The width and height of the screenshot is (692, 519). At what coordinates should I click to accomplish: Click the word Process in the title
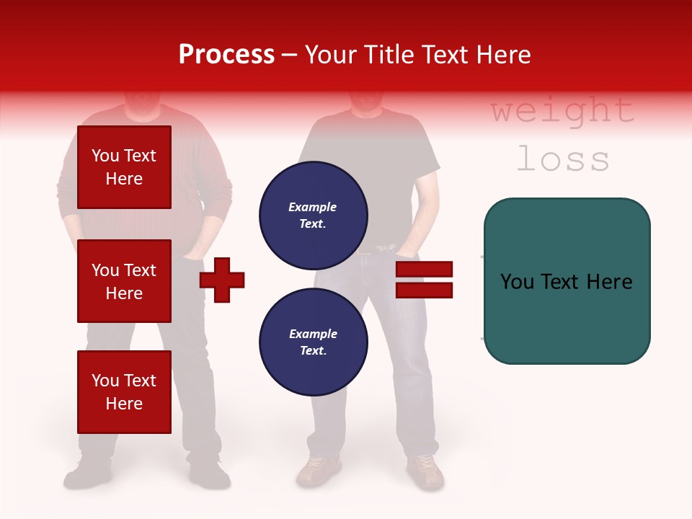226,55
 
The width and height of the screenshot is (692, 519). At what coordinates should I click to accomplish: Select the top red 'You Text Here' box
124,167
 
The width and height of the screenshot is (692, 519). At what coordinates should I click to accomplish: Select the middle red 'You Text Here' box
124,281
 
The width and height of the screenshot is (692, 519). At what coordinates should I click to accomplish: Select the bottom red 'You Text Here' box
124,392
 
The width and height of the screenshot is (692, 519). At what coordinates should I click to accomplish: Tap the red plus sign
222,280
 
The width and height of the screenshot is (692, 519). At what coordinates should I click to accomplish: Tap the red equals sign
424,280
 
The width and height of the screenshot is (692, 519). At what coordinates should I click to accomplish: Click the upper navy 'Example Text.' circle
313,215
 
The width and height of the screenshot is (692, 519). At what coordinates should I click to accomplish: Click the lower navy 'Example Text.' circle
313,342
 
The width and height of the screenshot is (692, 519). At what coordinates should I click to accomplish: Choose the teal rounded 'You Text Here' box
567,281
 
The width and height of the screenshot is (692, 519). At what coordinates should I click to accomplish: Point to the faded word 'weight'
562,111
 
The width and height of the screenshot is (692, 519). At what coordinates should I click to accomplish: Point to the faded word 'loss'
562,159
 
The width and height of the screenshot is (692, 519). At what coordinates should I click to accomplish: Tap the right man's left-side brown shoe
317,471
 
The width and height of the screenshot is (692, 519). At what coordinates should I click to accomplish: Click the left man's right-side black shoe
209,474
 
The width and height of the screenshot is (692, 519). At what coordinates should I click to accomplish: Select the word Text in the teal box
566,282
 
